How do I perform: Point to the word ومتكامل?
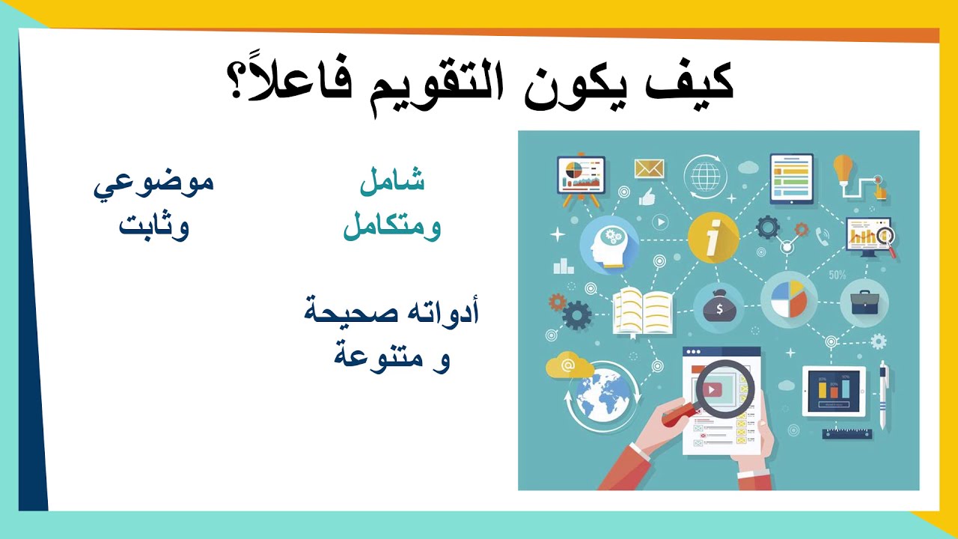[392, 226]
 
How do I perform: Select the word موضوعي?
[153, 183]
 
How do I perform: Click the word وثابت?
[154, 226]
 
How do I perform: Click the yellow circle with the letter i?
[713, 238]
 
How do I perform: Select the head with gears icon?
[608, 244]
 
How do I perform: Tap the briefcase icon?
[864, 302]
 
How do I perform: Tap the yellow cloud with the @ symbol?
[569, 367]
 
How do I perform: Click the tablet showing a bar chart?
[834, 390]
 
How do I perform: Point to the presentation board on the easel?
[581, 177]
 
